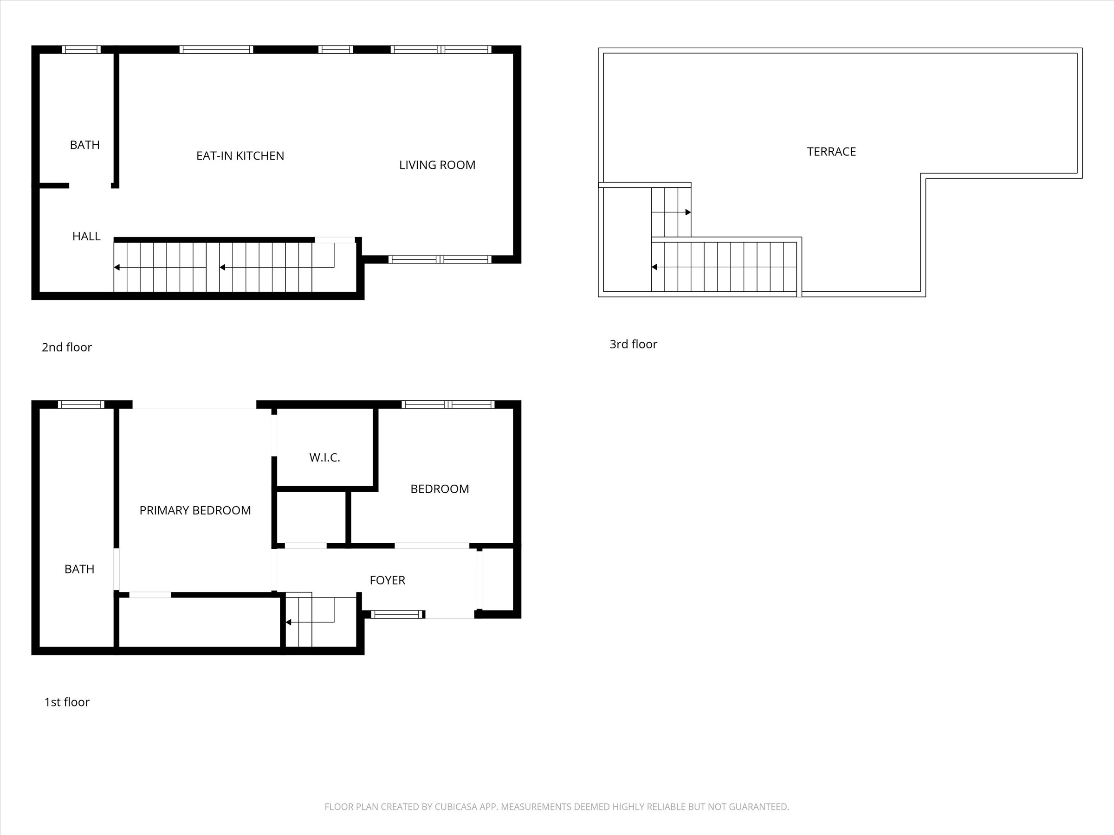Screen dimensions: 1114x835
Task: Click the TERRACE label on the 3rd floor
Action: [831, 152]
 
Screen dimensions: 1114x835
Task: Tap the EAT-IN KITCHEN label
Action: [240, 156]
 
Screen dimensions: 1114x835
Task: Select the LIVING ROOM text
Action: [437, 165]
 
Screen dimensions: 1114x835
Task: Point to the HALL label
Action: [86, 236]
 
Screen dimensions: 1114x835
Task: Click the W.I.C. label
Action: [325, 457]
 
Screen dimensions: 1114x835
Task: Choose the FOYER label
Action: [387, 580]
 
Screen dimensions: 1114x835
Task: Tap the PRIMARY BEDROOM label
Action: [195, 510]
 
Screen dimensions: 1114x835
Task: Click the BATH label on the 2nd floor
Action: [84, 145]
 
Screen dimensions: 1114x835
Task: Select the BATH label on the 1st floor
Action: [79, 569]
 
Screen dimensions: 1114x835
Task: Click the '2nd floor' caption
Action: [66, 347]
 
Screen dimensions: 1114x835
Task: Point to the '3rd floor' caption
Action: [633, 344]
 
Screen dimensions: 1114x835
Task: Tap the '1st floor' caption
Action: [66, 702]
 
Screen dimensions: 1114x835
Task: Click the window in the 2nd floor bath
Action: [81, 49]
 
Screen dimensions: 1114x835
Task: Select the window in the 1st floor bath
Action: [81, 404]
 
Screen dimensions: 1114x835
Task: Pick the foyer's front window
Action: [398, 614]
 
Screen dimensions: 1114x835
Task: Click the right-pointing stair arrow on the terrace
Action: [671, 212]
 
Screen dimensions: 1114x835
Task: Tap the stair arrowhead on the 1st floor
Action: [289, 622]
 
